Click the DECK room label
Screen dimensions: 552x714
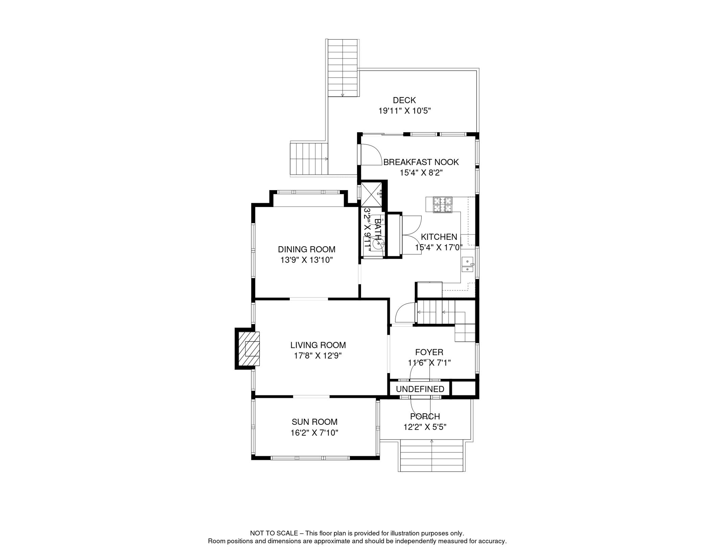(404, 100)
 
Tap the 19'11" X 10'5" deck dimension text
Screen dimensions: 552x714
(404, 111)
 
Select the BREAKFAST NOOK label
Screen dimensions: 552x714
(421, 162)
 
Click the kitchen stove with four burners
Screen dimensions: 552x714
(442, 205)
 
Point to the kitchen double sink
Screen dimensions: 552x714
(467, 264)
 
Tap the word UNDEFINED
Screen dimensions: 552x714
(420, 389)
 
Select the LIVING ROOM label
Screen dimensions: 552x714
(318, 345)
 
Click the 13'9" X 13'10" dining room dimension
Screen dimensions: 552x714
(306, 260)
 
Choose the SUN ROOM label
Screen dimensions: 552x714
(314, 422)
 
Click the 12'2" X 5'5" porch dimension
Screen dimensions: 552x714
(425, 427)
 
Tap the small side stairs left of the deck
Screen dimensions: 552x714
(309, 159)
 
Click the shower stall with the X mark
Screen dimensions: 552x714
(371, 194)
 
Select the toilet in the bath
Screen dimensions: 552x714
(378, 244)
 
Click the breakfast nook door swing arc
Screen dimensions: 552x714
(372, 155)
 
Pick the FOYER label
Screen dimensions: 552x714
(429, 352)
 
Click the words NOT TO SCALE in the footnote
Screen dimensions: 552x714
(274, 533)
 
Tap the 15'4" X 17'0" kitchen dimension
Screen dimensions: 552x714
(439, 248)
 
